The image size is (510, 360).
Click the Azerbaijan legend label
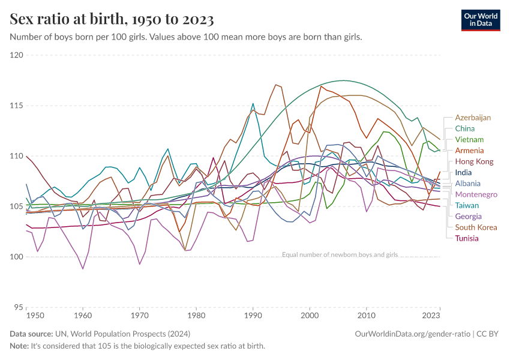point(473,118)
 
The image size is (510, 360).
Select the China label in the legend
point(464,128)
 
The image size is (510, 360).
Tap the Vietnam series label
point(469,140)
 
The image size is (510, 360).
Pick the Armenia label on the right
point(469,151)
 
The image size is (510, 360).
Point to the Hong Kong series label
point(474,161)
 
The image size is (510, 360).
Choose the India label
point(463,173)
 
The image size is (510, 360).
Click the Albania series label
point(467,184)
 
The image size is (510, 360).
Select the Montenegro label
point(476,194)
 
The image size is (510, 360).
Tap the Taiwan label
point(467,205)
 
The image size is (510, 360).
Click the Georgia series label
point(468,216)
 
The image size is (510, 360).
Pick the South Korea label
point(476,227)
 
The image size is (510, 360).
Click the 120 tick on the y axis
point(16,55)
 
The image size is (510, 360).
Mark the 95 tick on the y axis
point(18,307)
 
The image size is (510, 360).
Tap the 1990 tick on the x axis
point(253,315)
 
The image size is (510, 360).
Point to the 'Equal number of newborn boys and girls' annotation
point(340,254)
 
